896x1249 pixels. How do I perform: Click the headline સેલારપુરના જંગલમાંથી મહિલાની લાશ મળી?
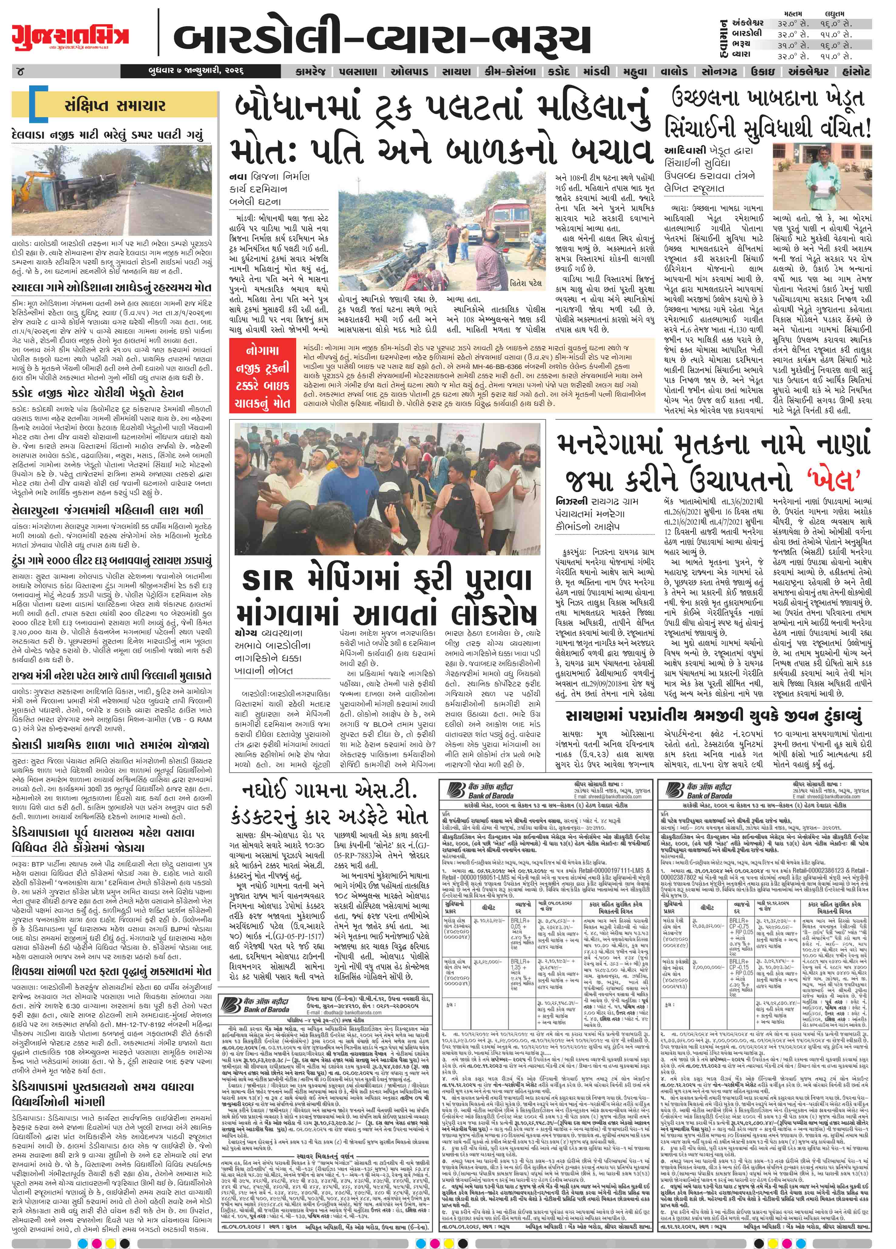[106, 511]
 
